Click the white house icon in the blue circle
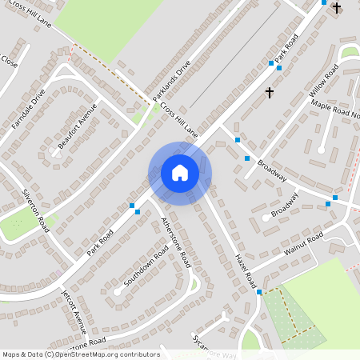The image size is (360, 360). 180,173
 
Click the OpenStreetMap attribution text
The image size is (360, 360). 81,354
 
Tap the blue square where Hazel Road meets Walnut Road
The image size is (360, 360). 259,292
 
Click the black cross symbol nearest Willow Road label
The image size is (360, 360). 269,93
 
